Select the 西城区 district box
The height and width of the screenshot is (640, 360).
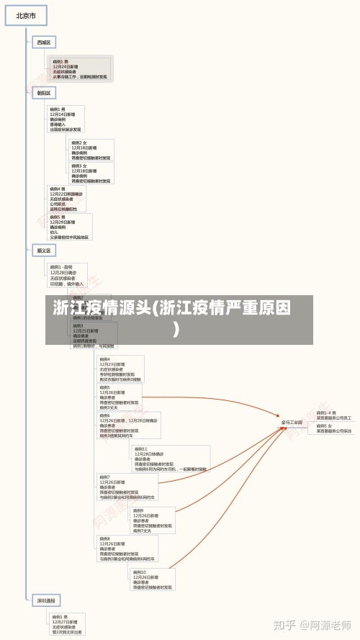click(x=44, y=43)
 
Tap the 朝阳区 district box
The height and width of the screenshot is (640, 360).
click(x=44, y=93)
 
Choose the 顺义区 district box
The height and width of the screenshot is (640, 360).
click(x=44, y=251)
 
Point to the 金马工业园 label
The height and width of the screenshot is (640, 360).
click(x=291, y=423)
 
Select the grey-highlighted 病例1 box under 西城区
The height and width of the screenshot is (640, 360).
click(x=80, y=69)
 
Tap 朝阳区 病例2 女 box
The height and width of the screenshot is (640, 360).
click(x=91, y=150)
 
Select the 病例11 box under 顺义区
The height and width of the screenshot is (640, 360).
click(x=171, y=459)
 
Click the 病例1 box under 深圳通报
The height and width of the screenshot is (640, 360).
click(x=67, y=623)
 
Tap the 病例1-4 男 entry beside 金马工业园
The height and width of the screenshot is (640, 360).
click(x=334, y=415)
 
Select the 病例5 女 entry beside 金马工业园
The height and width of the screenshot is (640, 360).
click(x=334, y=428)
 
